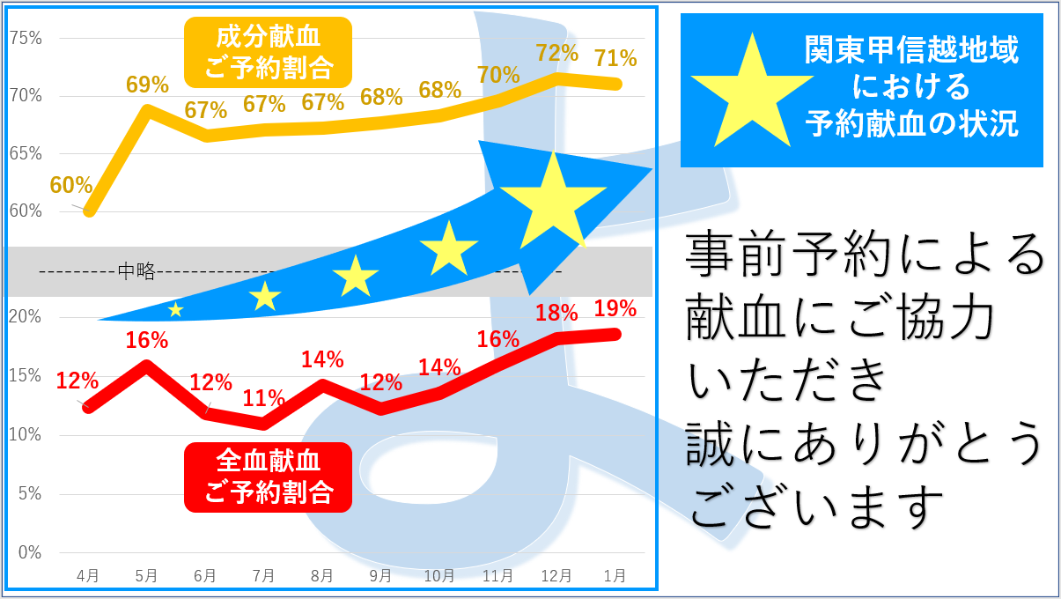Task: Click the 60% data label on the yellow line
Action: pyautogui.click(x=71, y=186)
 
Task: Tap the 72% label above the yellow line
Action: pyautogui.click(x=556, y=54)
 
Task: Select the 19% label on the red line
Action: pyautogui.click(x=615, y=308)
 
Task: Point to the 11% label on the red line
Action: pyautogui.click(x=264, y=398)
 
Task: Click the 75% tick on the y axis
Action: pyautogui.click(x=26, y=38)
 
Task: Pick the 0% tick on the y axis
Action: pyautogui.click(x=29, y=552)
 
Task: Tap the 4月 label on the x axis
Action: pyautogui.click(x=88, y=576)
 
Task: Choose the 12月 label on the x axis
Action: pyautogui.click(x=556, y=576)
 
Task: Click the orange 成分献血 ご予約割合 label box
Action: pyautogui.click(x=268, y=52)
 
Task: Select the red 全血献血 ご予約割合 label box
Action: pyautogui.click(x=268, y=477)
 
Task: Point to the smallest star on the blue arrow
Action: pyautogui.click(x=176, y=309)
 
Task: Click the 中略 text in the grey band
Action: pyautogui.click(x=136, y=271)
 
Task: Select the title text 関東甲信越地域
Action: pyautogui.click(x=911, y=51)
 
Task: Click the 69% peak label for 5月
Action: pyautogui.click(x=147, y=85)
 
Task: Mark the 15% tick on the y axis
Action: pyautogui.click(x=26, y=376)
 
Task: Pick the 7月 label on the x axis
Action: pyautogui.click(x=263, y=576)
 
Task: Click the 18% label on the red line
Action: pyautogui.click(x=556, y=313)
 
